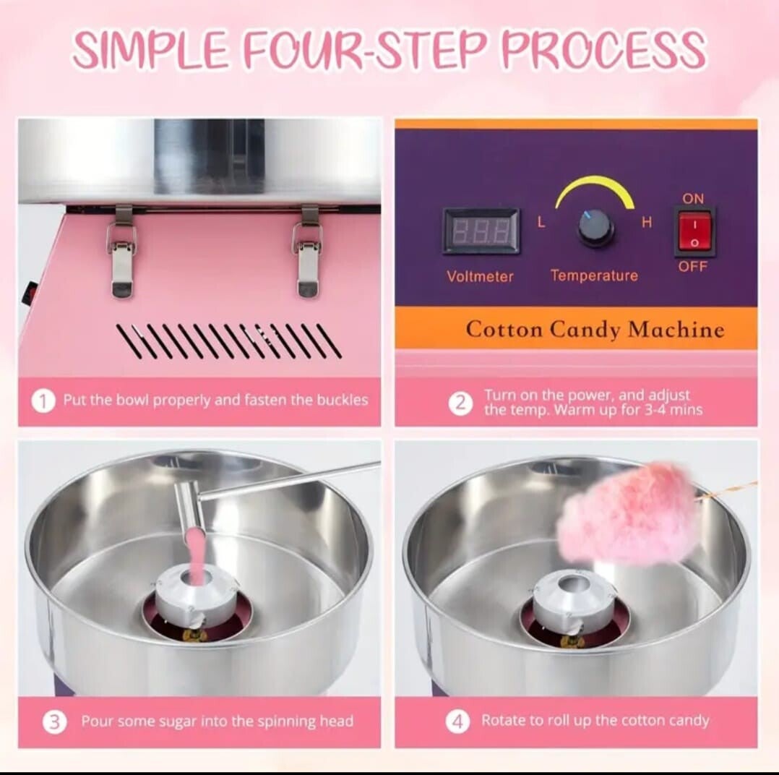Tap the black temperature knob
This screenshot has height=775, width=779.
coord(595,228)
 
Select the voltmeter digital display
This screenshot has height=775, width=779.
coord(481,230)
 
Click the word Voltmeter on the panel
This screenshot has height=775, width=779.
coord(480,276)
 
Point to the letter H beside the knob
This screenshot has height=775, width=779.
coord(646,222)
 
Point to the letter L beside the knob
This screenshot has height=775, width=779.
coord(541,222)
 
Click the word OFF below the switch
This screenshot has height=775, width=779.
coord(692,267)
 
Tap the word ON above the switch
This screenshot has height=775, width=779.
coord(693,198)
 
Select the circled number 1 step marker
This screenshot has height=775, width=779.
coord(43,401)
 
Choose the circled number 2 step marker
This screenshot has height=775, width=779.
coord(461,403)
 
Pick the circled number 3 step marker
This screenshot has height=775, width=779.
coord(54,722)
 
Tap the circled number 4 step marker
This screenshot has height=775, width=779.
coord(458,722)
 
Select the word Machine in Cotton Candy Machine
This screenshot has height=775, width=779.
coord(676,330)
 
